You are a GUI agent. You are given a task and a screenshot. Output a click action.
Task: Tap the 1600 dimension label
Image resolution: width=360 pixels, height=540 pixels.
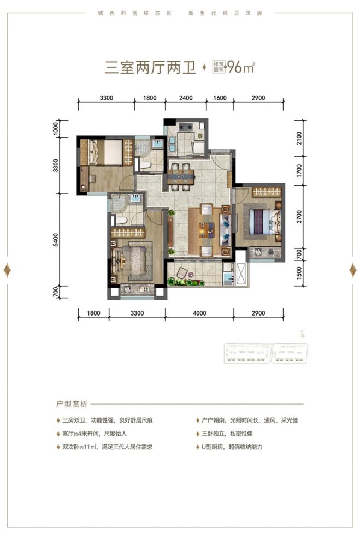point(219,98)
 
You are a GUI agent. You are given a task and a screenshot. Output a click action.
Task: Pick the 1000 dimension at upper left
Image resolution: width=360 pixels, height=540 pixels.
point(63,129)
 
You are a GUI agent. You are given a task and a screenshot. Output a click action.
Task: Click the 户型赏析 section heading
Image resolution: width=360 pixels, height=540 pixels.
point(72,404)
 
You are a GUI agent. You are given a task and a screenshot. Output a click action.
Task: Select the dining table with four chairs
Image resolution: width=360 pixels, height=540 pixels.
point(183,176)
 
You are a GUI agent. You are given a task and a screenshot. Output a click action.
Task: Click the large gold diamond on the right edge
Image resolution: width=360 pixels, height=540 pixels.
point(352,270)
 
